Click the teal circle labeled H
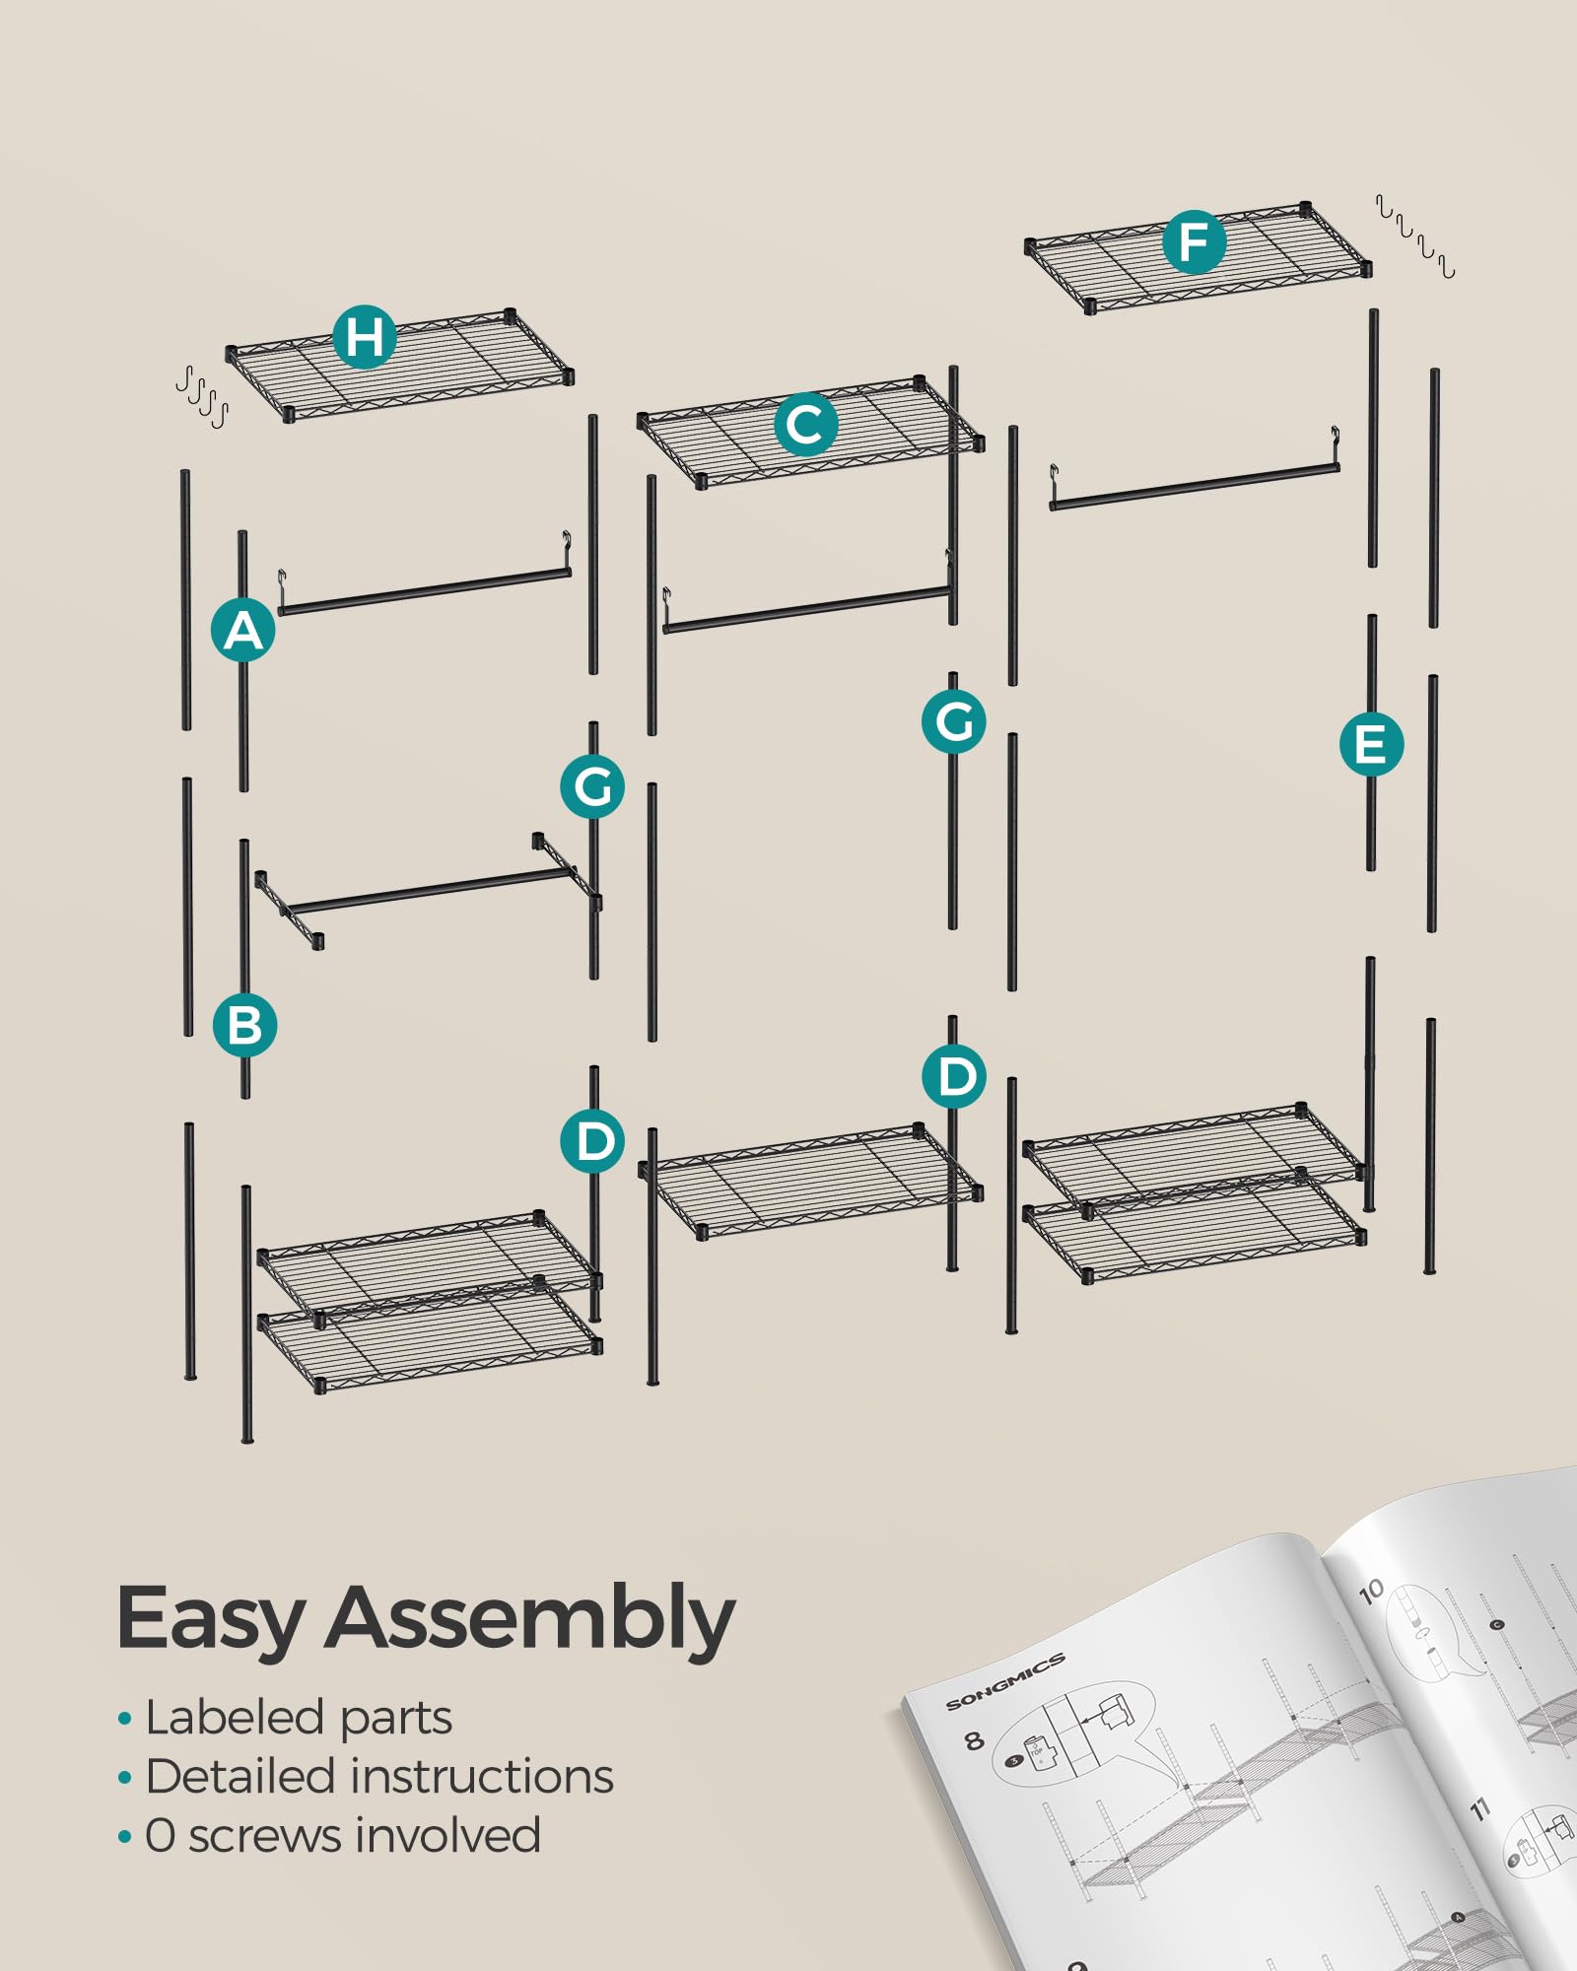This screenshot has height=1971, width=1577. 365,337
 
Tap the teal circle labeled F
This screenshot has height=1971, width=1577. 1194,242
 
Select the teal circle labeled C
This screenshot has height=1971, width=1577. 805,425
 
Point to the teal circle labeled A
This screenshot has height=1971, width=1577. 243,630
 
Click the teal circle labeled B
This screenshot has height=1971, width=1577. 244,1025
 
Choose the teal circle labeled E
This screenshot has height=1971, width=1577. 1371,744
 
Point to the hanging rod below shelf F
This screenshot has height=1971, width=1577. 1195,487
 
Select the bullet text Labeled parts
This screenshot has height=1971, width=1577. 298,1718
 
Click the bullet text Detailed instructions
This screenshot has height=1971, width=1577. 378,1777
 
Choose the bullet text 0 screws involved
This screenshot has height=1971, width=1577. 342,1835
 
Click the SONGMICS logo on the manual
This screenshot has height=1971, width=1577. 1004,1682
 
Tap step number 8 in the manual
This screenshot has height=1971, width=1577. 973,1740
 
